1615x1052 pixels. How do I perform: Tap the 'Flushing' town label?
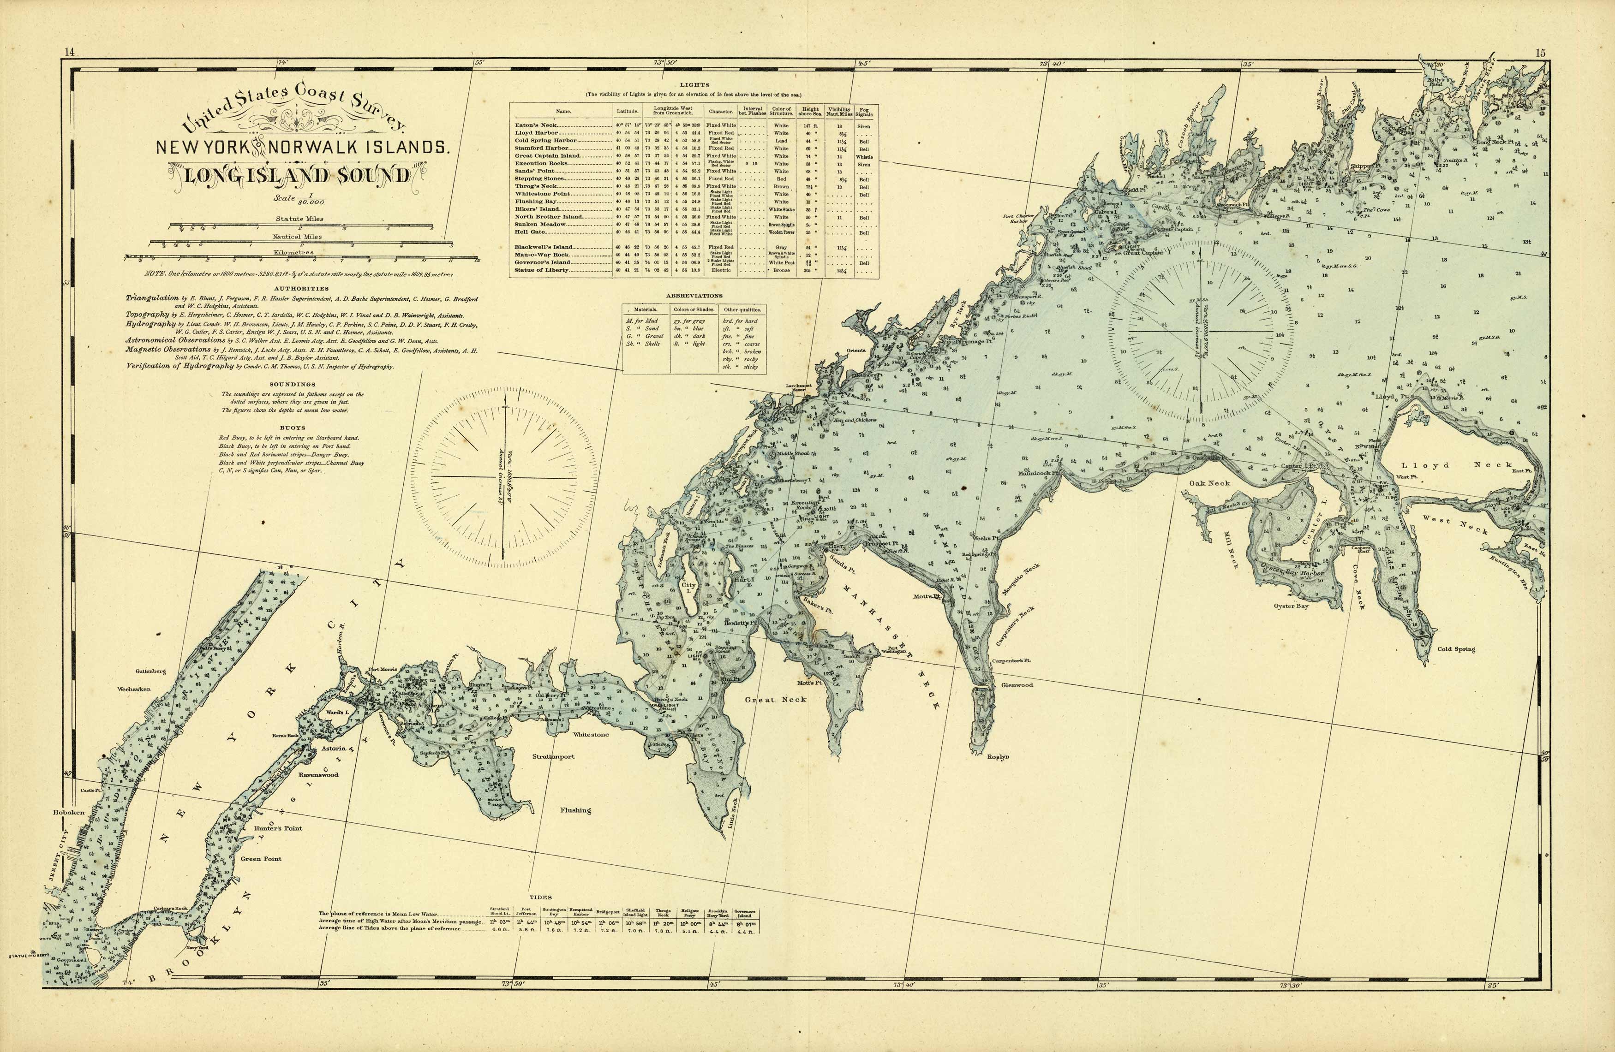(575, 810)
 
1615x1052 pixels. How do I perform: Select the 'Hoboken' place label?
(69, 812)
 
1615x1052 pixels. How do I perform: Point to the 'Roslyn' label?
(998, 756)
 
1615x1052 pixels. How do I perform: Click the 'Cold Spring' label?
(1456, 649)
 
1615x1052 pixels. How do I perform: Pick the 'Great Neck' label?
(776, 699)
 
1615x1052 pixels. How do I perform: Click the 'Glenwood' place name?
(1017, 685)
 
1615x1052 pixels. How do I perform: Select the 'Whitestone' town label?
(590, 735)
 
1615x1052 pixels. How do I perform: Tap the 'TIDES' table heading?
(540, 897)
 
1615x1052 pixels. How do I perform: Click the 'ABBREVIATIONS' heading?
(694, 296)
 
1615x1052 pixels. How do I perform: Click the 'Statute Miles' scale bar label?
(299, 219)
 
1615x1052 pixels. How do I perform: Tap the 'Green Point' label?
(261, 859)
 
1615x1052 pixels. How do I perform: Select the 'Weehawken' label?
(134, 689)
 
